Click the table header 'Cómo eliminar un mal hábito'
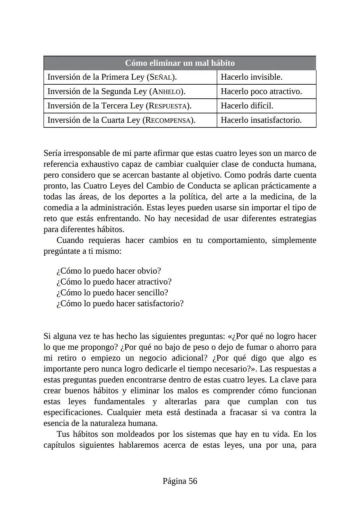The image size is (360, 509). [x=180, y=63]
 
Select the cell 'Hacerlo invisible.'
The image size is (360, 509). [x=251, y=77]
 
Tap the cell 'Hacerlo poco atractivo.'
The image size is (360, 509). [x=261, y=92]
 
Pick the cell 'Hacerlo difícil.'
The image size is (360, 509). [x=247, y=106]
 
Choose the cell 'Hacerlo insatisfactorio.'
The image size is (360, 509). [x=261, y=120]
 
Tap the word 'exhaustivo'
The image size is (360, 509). [x=100, y=164]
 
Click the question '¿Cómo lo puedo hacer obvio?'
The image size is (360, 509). [x=109, y=271]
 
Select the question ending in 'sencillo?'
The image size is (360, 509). [x=112, y=293]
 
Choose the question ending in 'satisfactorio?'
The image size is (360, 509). [x=120, y=304]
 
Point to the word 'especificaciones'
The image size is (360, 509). [x=73, y=412]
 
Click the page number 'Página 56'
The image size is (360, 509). [x=180, y=481]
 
